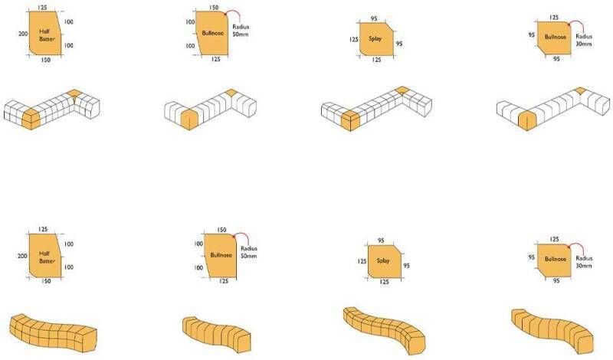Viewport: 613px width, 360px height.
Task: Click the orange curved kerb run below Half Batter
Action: pyautogui.click(x=53, y=333)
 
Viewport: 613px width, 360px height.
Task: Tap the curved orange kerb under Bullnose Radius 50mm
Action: pyautogui.click(x=217, y=334)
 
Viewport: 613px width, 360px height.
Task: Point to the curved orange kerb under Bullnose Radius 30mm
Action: pyautogui.click(x=551, y=329)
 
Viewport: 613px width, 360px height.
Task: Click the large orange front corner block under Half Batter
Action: pyautogui.click(x=31, y=119)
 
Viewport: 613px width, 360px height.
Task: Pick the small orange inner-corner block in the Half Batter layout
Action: pyautogui.click(x=73, y=93)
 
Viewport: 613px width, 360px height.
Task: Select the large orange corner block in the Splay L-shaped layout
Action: pyautogui.click(x=350, y=120)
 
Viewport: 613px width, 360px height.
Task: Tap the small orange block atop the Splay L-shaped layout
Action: pyautogui.click(x=402, y=90)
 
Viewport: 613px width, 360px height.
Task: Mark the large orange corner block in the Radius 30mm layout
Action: pyautogui.click(x=527, y=120)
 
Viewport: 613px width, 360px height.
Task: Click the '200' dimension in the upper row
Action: pyautogui.click(x=23, y=34)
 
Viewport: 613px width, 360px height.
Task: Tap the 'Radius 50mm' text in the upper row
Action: pyautogui.click(x=241, y=31)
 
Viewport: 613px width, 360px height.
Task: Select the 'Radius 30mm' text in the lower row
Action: pyautogui.click(x=584, y=262)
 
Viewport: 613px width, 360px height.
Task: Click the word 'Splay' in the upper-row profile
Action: pyautogui.click(x=375, y=39)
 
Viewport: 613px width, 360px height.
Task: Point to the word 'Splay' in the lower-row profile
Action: pyautogui.click(x=383, y=260)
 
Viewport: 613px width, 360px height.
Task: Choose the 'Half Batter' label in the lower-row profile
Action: pyautogui.click(x=47, y=257)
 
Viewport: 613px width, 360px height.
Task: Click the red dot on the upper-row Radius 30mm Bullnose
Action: pyautogui.click(x=569, y=25)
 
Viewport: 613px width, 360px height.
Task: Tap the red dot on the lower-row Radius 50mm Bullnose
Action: pyautogui.click(x=234, y=236)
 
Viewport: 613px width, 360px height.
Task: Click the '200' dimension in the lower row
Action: pyautogui.click(x=22, y=256)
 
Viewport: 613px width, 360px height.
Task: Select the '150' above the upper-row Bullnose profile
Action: pyautogui.click(x=214, y=8)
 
